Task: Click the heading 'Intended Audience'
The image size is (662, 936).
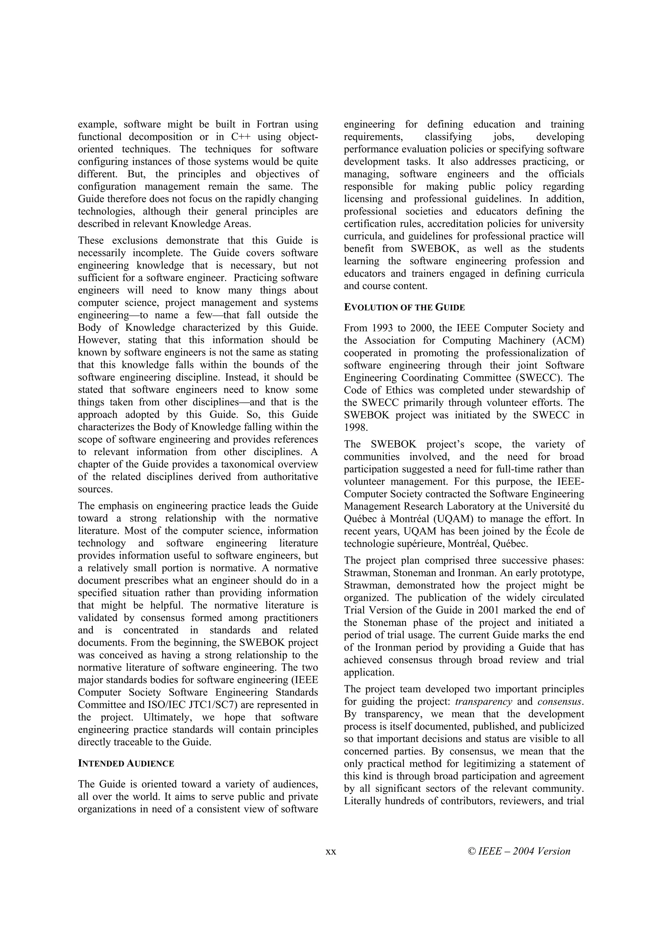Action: pyautogui.click(x=126, y=764)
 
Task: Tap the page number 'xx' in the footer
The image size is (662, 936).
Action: pyautogui.click(x=331, y=851)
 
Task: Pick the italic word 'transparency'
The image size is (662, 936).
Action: pyautogui.click(x=483, y=702)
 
